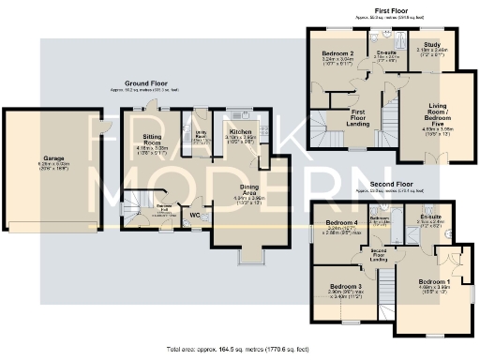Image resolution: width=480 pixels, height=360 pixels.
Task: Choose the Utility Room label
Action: pos(200,136)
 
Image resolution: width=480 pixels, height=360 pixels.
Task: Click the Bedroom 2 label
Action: pos(336,54)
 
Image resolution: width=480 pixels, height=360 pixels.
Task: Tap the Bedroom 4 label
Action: pos(336,221)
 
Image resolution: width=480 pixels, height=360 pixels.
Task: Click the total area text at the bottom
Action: pos(240,350)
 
